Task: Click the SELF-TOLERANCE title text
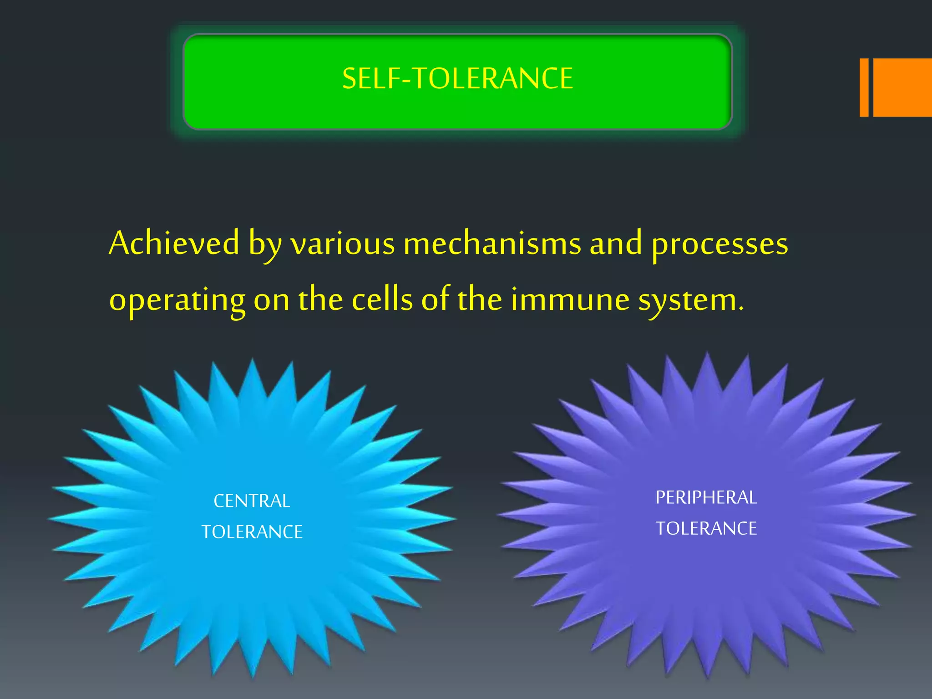tap(457, 78)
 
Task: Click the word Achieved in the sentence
tap(174, 243)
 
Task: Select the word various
tap(342, 244)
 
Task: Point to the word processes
tap(719, 245)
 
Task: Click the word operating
tap(177, 300)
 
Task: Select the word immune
tap(570, 300)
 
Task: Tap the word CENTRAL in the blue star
tap(252, 501)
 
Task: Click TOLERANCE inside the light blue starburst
tap(252, 532)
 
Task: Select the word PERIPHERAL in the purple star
tap(706, 497)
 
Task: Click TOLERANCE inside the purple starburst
tap(706, 528)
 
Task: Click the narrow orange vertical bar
tap(864, 87)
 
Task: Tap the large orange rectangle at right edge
tap(902, 87)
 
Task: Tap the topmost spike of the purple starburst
tap(707, 360)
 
